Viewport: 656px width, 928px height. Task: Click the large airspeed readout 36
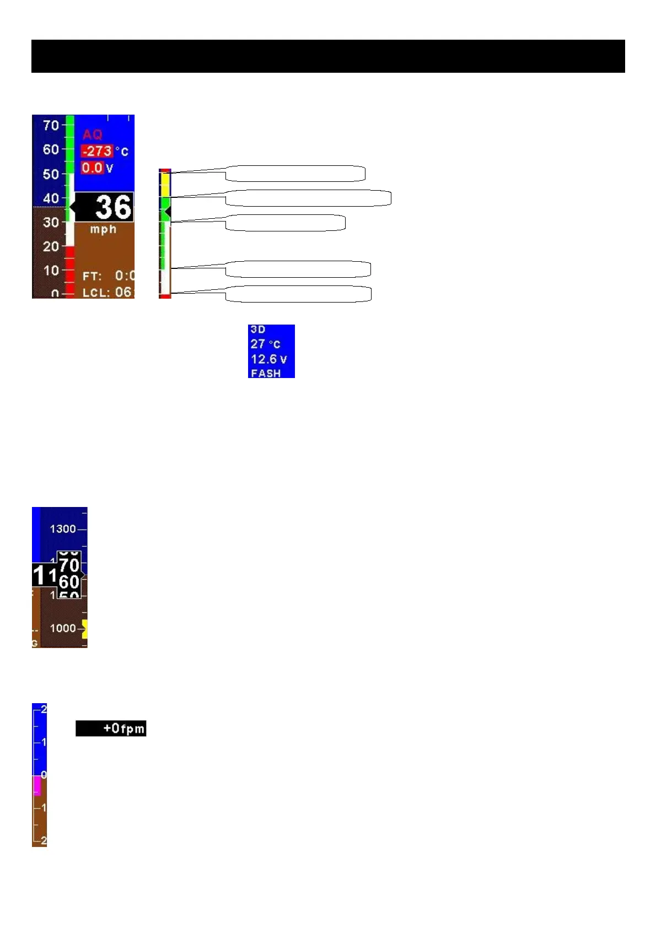pyautogui.click(x=113, y=207)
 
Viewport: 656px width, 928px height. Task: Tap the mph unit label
pyautogui.click(x=103, y=229)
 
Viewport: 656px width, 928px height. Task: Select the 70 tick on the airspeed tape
pyautogui.click(x=51, y=126)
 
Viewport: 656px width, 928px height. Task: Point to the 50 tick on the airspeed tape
pyautogui.click(x=51, y=174)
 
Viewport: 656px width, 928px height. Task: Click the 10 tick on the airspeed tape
pyautogui.click(x=51, y=271)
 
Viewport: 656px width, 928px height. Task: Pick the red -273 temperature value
pyautogui.click(x=97, y=151)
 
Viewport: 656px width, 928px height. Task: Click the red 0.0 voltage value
pyautogui.click(x=92, y=168)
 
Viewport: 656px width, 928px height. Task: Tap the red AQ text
pyautogui.click(x=93, y=134)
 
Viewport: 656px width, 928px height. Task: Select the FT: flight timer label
pyautogui.click(x=92, y=276)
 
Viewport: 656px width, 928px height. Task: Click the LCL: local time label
pyautogui.click(x=95, y=292)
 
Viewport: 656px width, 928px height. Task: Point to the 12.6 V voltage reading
pyautogui.click(x=268, y=359)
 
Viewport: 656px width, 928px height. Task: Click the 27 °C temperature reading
pyautogui.click(x=265, y=344)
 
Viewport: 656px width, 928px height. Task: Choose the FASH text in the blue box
pyautogui.click(x=266, y=373)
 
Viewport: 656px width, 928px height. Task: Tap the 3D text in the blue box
pyautogui.click(x=258, y=330)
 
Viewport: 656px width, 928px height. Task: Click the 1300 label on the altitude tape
pyautogui.click(x=63, y=529)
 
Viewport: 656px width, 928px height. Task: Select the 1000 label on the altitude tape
pyautogui.click(x=63, y=628)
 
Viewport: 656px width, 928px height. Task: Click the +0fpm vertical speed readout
pyautogui.click(x=123, y=729)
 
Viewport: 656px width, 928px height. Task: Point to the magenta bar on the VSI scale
pyautogui.click(x=37, y=785)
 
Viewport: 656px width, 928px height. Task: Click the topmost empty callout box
pyautogui.click(x=295, y=173)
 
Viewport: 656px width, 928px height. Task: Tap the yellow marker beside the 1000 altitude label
pyautogui.click(x=84, y=629)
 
